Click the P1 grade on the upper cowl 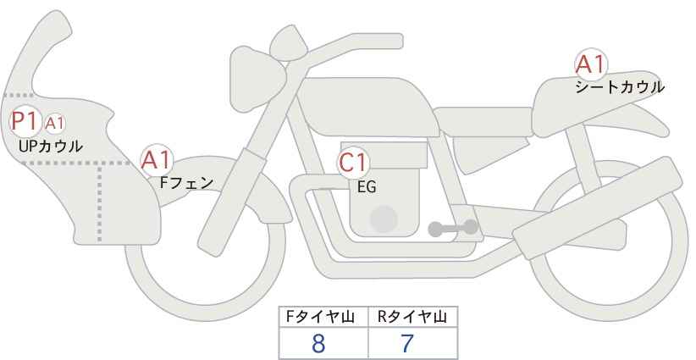pyautogui.click(x=25, y=121)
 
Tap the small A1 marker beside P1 pyautogui.click(x=55, y=124)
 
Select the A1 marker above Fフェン pyautogui.click(x=157, y=158)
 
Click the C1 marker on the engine pyautogui.click(x=354, y=163)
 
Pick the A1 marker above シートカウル pyautogui.click(x=590, y=64)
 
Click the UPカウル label pyautogui.click(x=50, y=146)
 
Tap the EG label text pyautogui.click(x=367, y=187)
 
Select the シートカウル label pyautogui.click(x=620, y=86)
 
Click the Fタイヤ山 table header pyautogui.click(x=323, y=317)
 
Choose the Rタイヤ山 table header pyautogui.click(x=412, y=317)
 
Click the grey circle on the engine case pyautogui.click(x=384, y=219)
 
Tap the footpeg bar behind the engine pyautogui.click(x=453, y=227)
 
